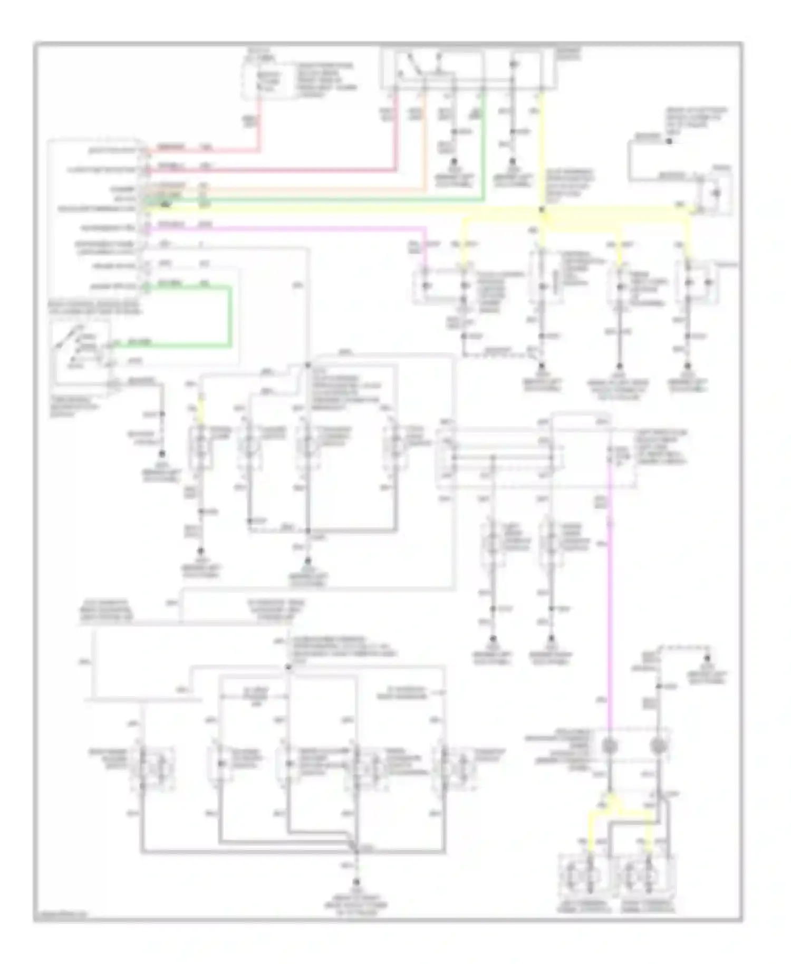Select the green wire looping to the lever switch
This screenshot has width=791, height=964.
tap(230, 316)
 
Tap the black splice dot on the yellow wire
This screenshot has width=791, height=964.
tap(542, 210)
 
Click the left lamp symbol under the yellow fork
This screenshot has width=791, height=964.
tap(584, 878)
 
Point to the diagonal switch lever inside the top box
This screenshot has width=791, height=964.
tap(410, 66)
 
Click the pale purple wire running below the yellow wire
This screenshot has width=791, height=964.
tap(285, 228)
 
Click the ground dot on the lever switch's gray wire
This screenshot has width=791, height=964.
tap(162, 454)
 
